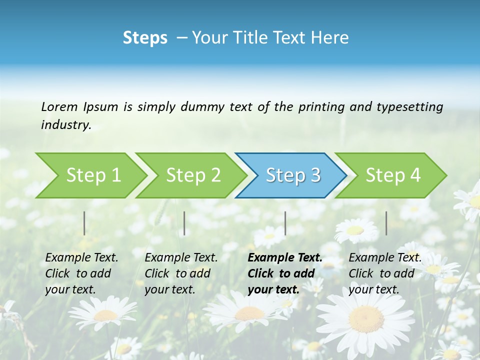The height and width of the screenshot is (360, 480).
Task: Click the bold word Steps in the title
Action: coord(145,37)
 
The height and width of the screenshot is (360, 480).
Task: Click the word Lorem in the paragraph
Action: coord(59,106)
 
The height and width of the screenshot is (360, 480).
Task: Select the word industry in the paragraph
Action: coord(65,124)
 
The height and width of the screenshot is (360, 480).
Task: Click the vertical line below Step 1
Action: coord(84,223)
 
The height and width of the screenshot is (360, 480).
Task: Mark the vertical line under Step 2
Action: coord(184,223)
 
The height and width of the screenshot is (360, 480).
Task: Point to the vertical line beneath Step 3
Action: coord(285,223)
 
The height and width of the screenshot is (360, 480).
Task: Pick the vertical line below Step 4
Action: coord(386,223)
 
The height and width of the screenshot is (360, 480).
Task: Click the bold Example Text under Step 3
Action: coord(285,258)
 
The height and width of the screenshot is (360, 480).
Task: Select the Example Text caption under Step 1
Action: coord(81,258)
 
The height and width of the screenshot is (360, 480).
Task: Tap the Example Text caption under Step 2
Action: coord(181,258)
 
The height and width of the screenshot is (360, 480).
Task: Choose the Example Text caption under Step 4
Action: coord(385,258)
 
